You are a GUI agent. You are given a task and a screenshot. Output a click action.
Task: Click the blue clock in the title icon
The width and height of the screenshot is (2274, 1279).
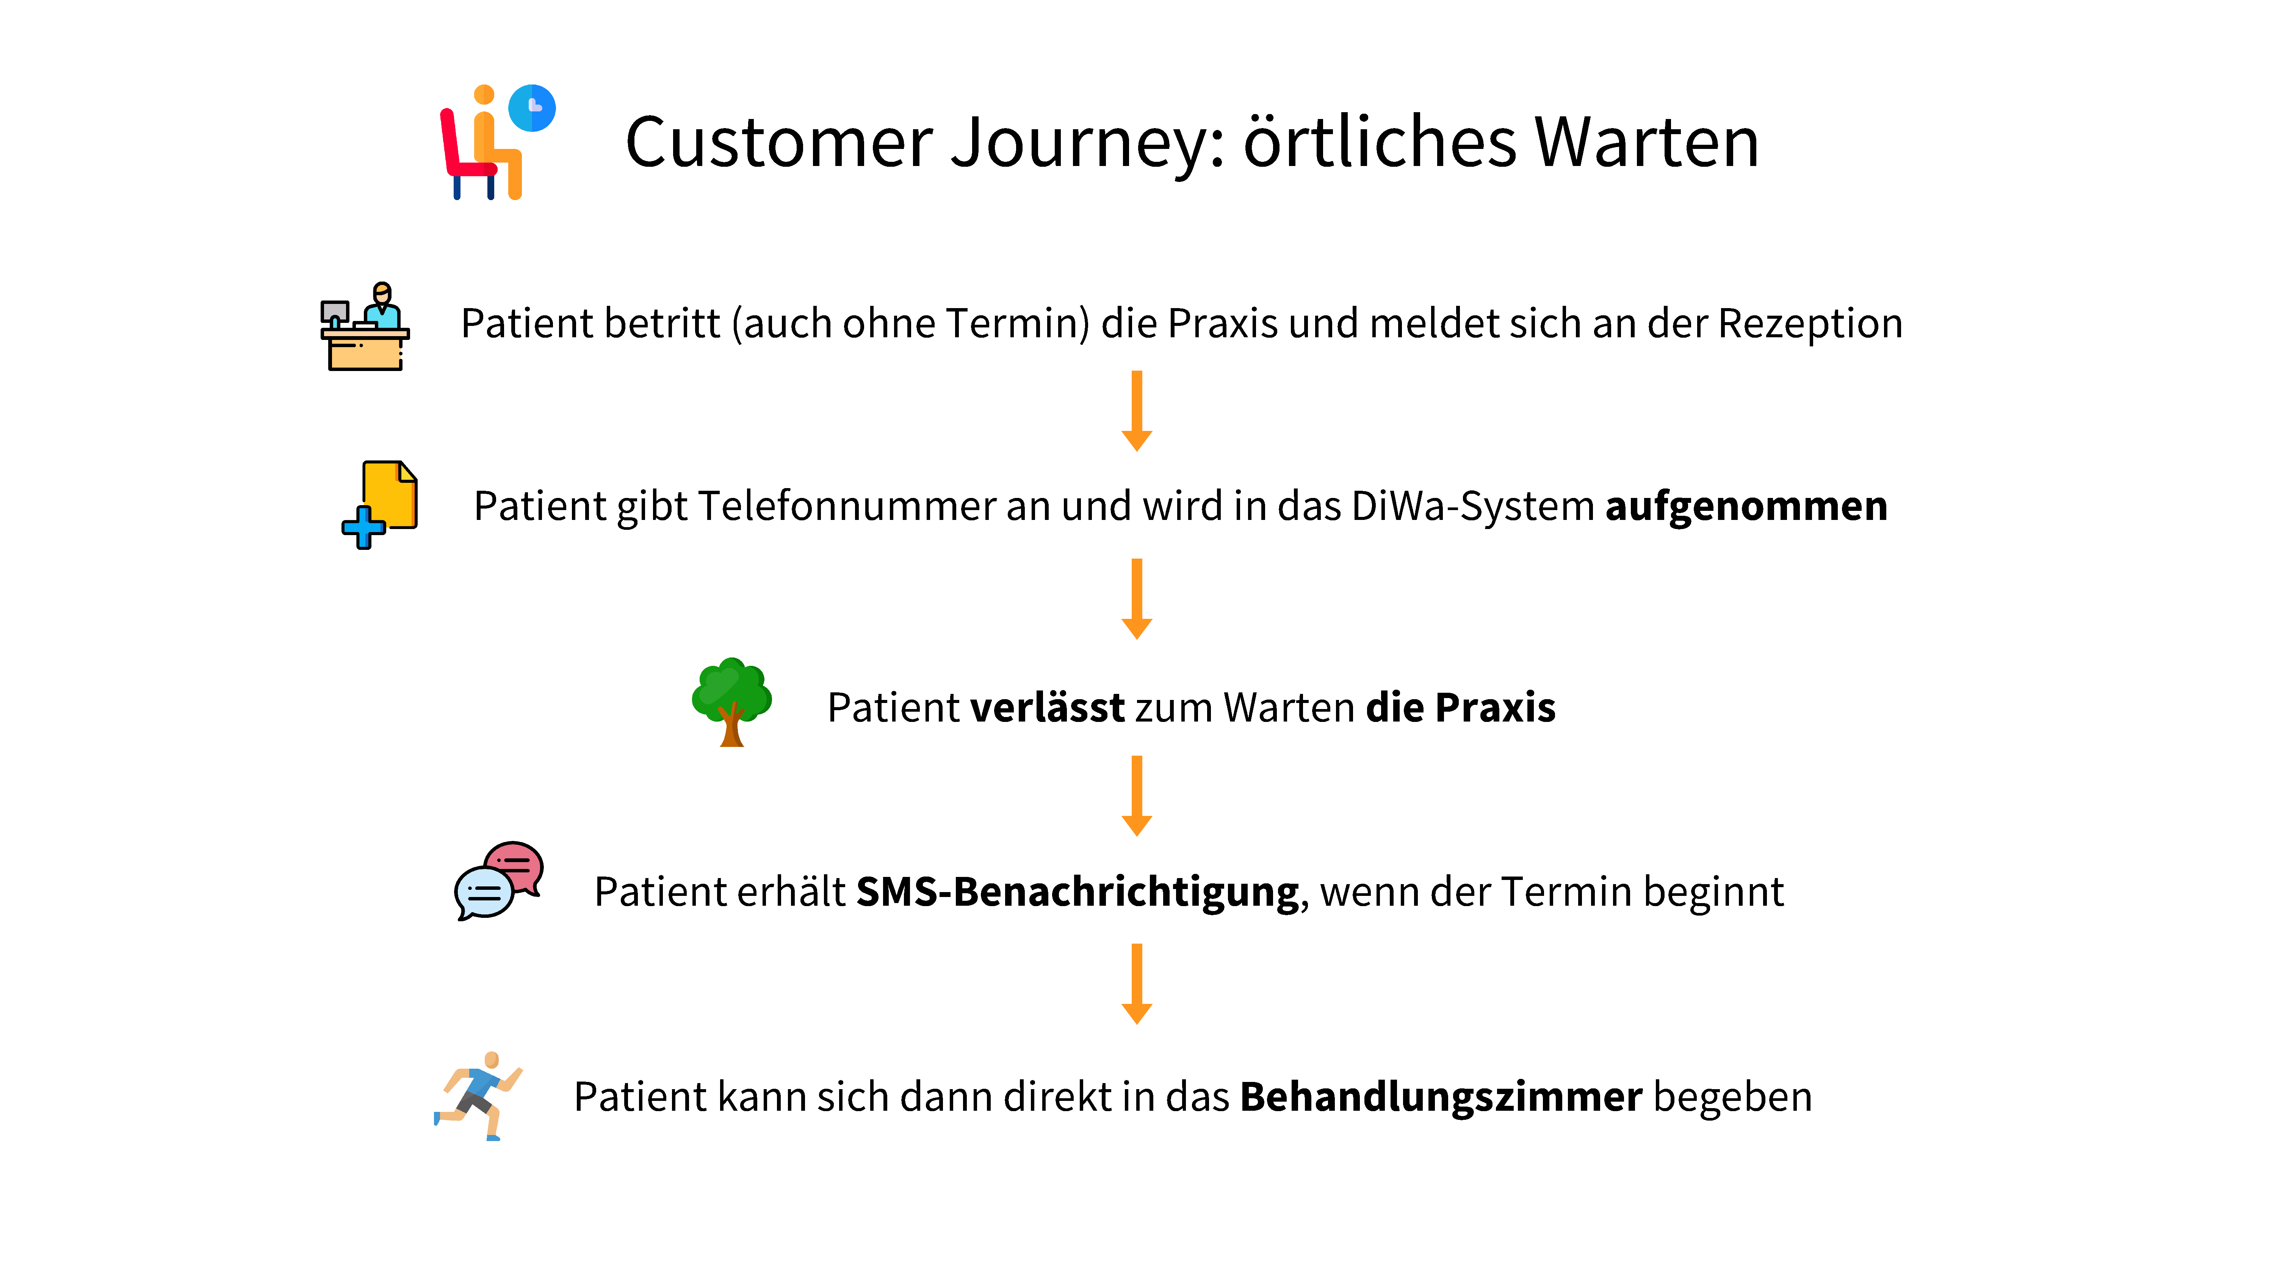click(532, 108)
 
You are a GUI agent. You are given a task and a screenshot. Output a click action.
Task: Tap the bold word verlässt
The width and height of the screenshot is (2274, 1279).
click(1047, 708)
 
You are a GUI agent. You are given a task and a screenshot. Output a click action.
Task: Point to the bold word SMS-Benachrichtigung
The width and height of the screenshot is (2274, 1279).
click(1077, 891)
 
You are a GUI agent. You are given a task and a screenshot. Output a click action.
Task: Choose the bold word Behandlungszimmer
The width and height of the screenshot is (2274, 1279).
click(1441, 1097)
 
